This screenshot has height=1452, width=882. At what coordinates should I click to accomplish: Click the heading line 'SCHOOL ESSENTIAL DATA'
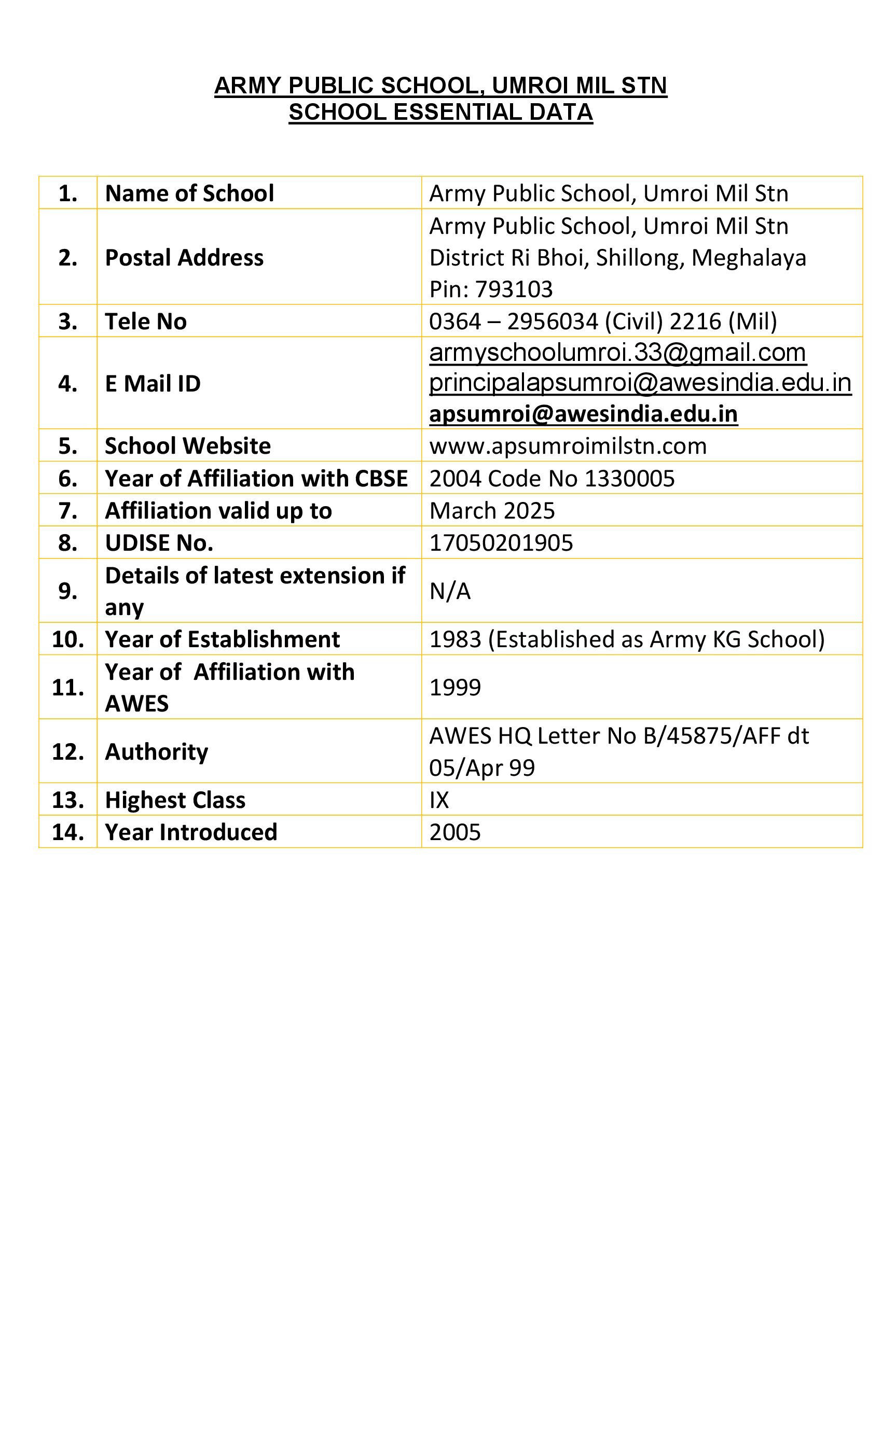coord(440,112)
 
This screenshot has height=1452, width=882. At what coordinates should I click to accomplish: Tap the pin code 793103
coord(514,289)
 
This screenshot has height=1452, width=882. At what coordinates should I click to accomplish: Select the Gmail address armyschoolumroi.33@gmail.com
coord(617,353)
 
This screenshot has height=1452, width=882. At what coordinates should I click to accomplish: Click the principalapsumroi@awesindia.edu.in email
coord(640,383)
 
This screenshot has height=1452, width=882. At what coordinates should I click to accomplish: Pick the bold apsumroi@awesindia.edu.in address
coord(583,414)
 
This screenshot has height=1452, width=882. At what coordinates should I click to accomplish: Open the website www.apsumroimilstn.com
coord(568,446)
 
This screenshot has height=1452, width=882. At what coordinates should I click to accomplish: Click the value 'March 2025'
coord(492,511)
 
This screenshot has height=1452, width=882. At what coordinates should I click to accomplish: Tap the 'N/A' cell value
coord(450,591)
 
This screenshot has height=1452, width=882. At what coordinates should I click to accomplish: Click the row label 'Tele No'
coord(146,321)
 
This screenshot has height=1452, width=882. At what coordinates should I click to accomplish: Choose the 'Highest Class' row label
coord(175,800)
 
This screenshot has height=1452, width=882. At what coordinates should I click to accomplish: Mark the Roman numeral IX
coord(439,800)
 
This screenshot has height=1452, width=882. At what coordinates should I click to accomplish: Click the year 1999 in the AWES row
coord(454,687)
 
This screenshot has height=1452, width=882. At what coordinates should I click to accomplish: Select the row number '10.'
coord(68,639)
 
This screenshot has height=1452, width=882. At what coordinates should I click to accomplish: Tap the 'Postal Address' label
coord(184,258)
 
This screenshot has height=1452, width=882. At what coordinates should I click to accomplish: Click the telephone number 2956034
coord(553,321)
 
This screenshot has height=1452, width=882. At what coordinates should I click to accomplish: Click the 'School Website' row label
coord(187,446)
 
